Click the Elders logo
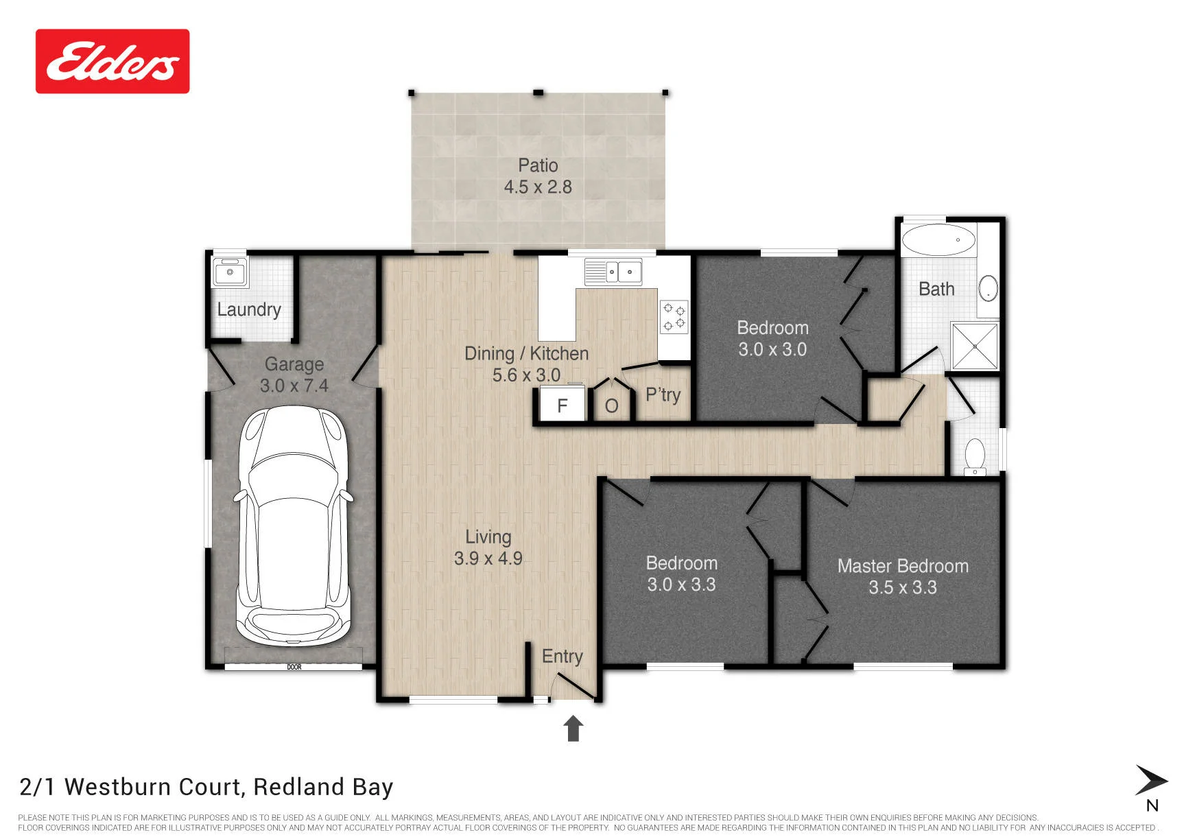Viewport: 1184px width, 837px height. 113,61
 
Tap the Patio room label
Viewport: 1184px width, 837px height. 538,165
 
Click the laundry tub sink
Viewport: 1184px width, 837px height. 230,272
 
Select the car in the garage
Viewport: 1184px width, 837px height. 293,526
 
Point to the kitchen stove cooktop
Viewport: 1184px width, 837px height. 674,317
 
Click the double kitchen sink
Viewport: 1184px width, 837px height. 613,272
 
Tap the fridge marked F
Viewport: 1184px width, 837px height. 563,405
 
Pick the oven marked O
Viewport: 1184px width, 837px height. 612,405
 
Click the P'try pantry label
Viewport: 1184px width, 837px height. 663,395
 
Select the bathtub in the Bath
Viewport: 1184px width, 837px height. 938,240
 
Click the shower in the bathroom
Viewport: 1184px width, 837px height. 974,346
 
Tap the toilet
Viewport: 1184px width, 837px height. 975,458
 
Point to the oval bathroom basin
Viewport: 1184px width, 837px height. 988,289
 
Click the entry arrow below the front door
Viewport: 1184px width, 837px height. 573,728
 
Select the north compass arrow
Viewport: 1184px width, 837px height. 1151,781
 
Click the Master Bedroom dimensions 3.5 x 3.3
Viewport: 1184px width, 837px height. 903,588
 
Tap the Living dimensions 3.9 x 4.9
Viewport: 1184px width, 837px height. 488,559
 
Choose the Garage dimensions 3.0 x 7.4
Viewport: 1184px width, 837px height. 294,386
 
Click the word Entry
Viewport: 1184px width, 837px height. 563,657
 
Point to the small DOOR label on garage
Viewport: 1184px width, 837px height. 294,667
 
